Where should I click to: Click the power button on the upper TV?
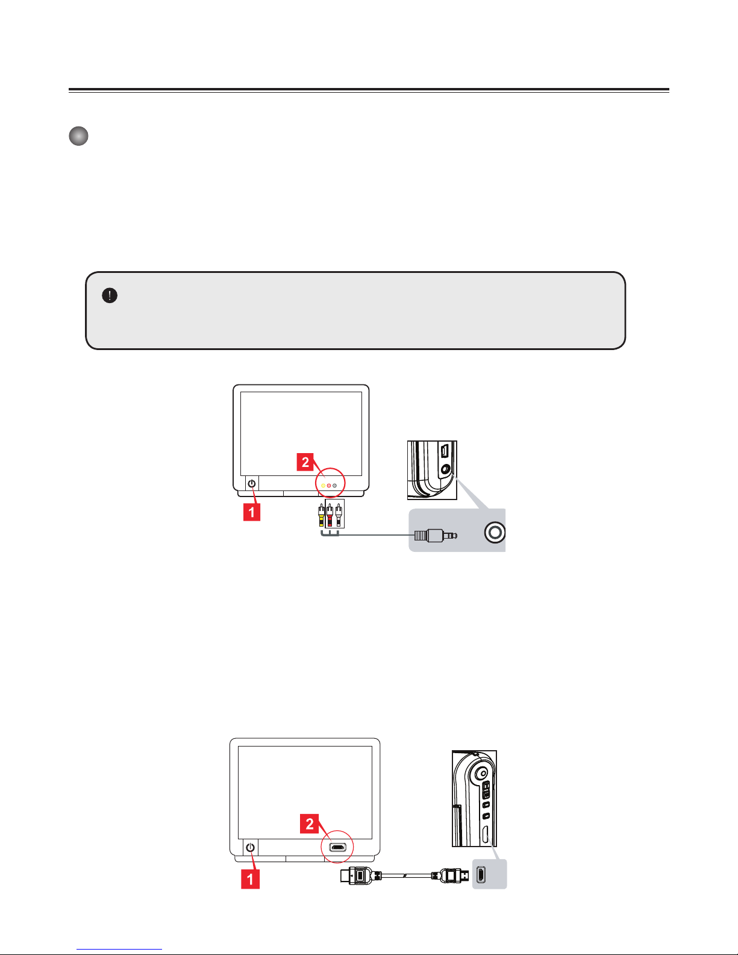coord(252,483)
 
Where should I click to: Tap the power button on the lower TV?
coord(251,847)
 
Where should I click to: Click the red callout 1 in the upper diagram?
coord(251,512)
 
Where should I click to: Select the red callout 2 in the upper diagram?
coord(305,462)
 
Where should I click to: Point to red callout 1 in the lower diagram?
coord(250,878)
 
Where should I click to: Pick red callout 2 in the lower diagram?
coord(310,824)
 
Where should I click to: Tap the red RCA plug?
coord(330,515)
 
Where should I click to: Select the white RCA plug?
coord(339,515)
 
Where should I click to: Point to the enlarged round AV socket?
coord(495,533)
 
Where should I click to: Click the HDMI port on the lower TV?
coord(338,848)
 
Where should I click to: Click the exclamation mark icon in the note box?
coord(110,295)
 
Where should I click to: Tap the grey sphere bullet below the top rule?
coord(78,136)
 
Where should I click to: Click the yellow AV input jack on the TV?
coord(324,485)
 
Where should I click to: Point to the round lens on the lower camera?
coord(481,772)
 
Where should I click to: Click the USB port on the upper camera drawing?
coord(444,451)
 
